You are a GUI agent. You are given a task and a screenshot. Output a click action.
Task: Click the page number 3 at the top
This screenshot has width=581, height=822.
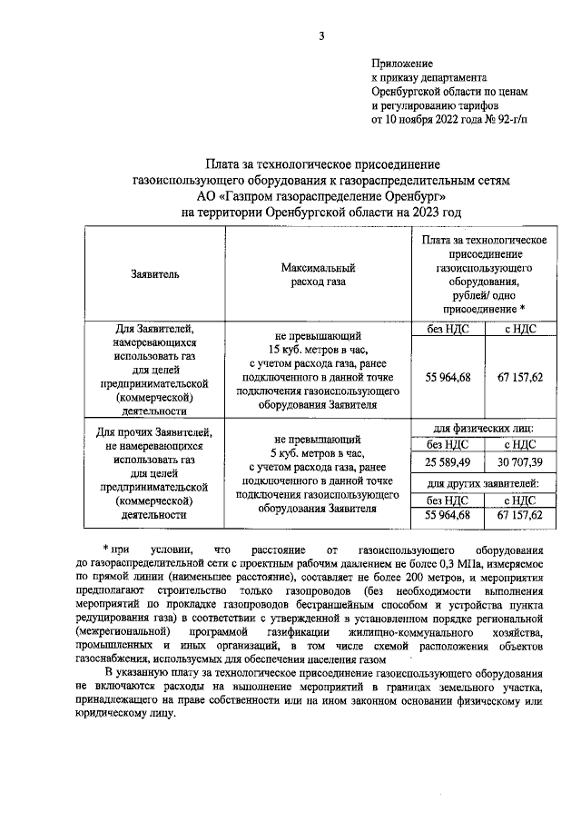coord(320,35)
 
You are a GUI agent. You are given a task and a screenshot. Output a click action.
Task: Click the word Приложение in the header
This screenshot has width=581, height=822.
coord(402,64)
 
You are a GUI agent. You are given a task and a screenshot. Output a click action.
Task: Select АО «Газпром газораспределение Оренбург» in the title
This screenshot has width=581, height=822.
coord(321,195)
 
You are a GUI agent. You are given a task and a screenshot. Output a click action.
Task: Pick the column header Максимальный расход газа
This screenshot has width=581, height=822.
coord(317,274)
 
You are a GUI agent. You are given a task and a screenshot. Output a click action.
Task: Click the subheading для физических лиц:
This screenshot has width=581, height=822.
coord(481,427)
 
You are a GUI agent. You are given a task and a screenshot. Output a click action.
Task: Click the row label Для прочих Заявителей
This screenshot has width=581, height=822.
coord(150,431)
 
